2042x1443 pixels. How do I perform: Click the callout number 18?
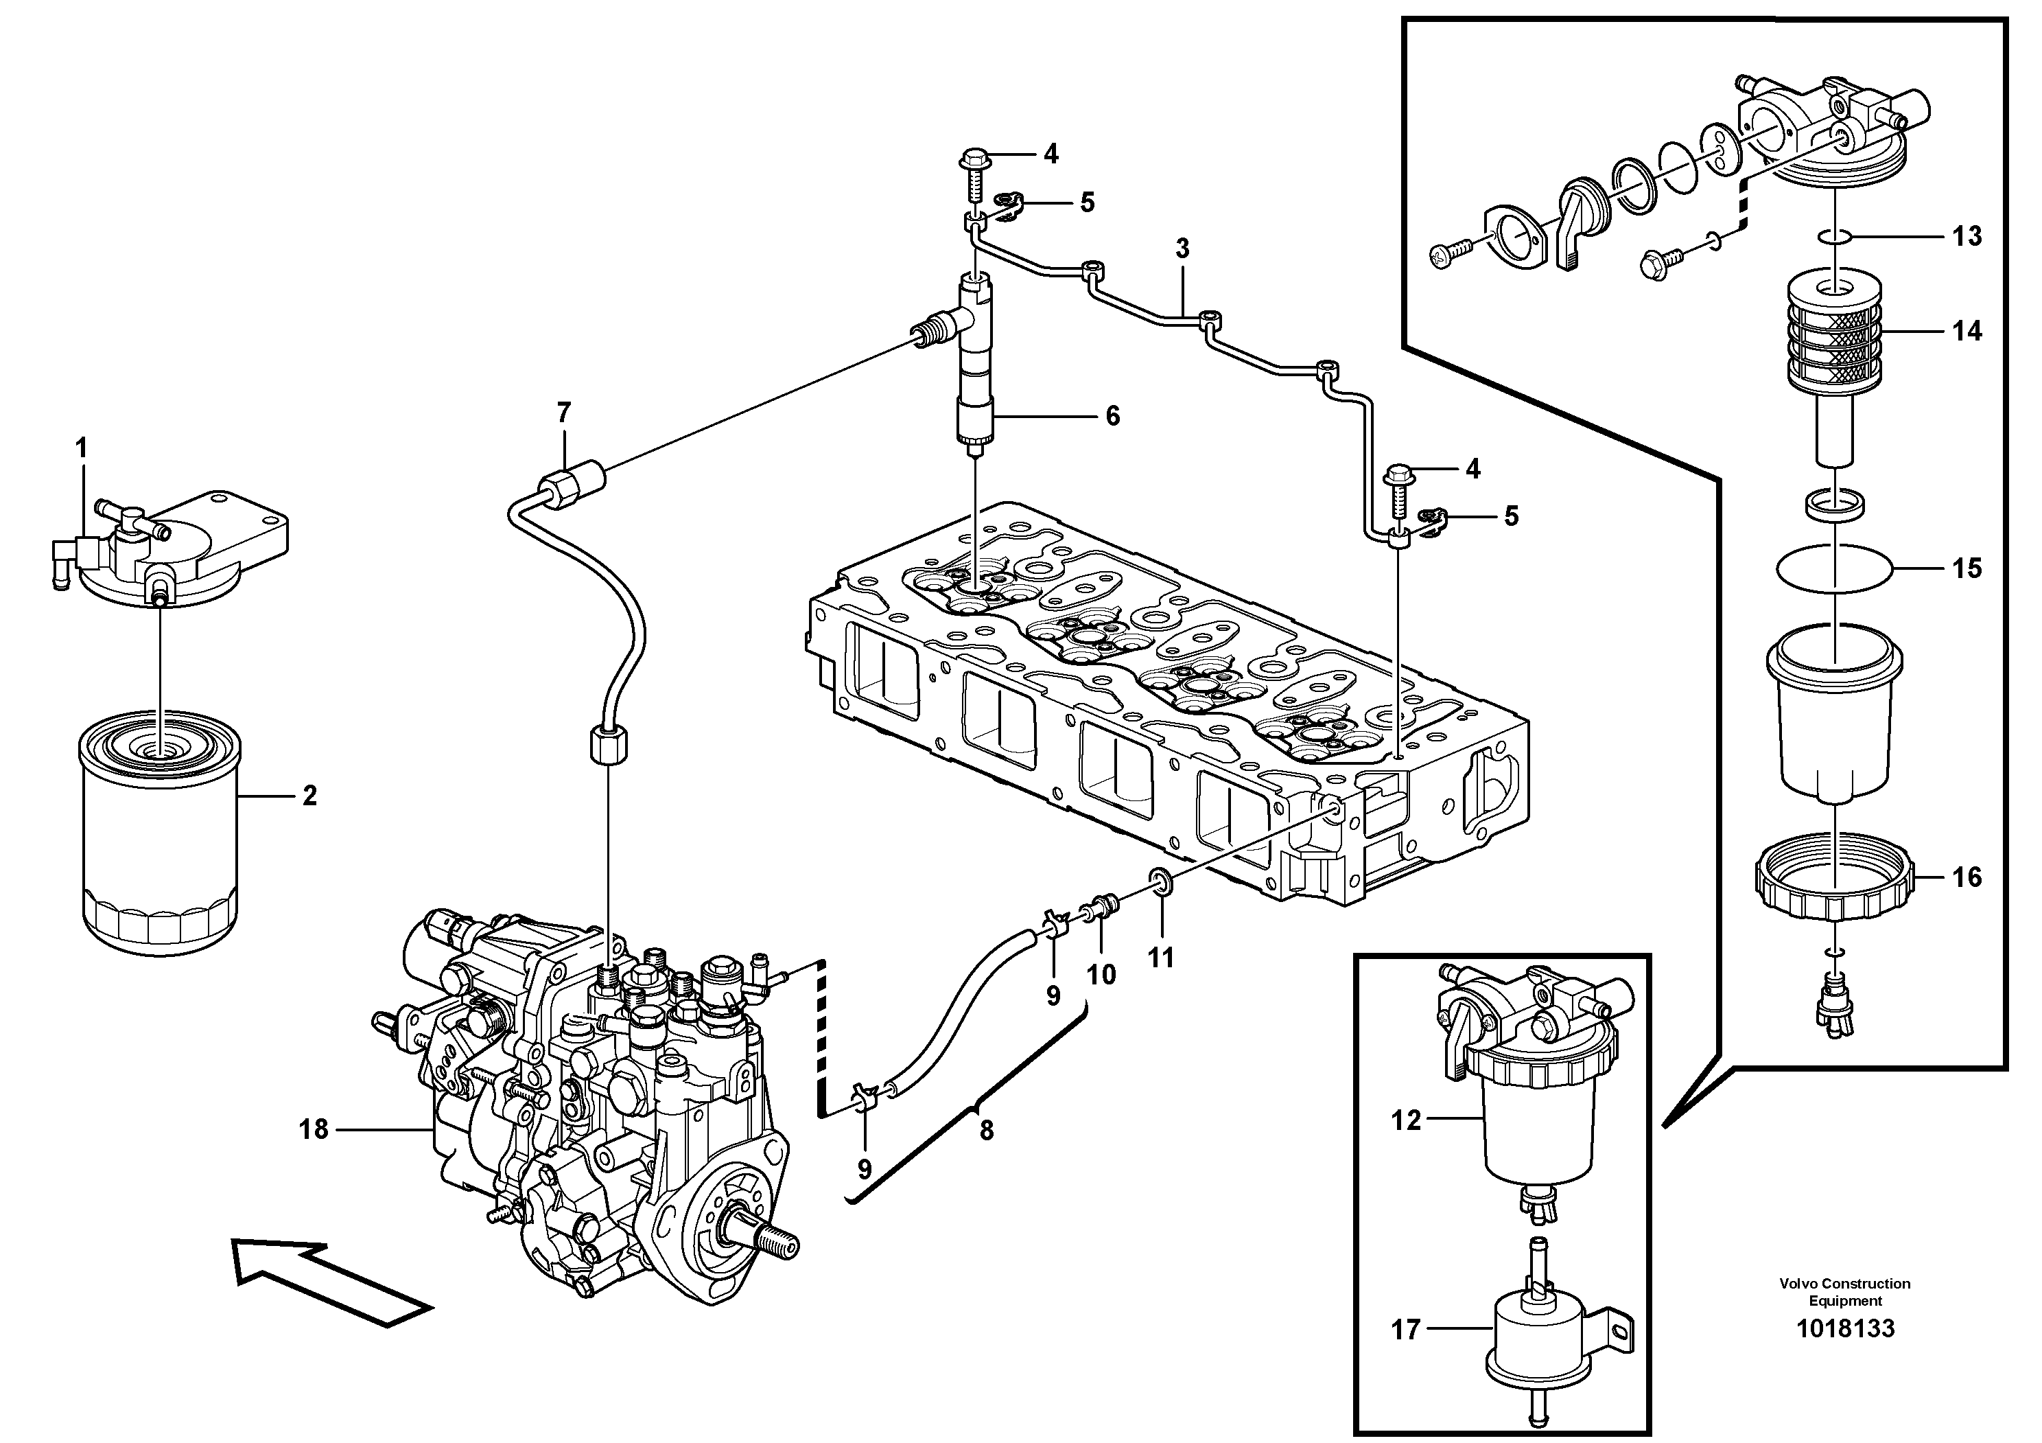click(x=313, y=1129)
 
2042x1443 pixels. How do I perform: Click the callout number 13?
click(x=1967, y=237)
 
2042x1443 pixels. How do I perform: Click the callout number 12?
click(x=1406, y=1120)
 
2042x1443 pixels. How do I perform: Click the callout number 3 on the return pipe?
click(x=1182, y=249)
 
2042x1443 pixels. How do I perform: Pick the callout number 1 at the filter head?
click(x=82, y=448)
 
